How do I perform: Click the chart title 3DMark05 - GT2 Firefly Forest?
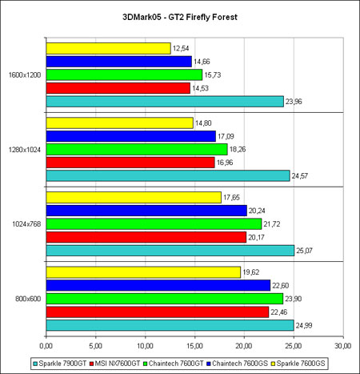pos(180,17)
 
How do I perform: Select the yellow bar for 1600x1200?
pos(108,48)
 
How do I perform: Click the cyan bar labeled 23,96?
pos(165,102)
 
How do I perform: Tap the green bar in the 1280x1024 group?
pos(137,149)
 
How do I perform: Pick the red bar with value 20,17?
pos(146,237)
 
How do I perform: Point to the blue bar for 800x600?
pos(158,285)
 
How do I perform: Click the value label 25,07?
pos(304,251)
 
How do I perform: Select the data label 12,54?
pos(181,48)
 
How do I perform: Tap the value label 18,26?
pos(238,149)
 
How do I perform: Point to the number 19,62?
pos(251,272)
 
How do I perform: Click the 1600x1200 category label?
pos(25,75)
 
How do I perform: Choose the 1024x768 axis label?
pos(26,224)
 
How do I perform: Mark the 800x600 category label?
pos(28,299)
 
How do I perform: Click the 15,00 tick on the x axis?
pos(194,346)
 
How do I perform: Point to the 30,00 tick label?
pos(343,346)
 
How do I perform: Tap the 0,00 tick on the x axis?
pos(46,346)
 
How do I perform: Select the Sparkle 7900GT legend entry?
pos(60,364)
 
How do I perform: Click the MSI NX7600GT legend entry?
pos(115,364)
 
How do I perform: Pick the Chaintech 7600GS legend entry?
pos(238,364)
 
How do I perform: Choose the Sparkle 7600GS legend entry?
pos(298,364)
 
